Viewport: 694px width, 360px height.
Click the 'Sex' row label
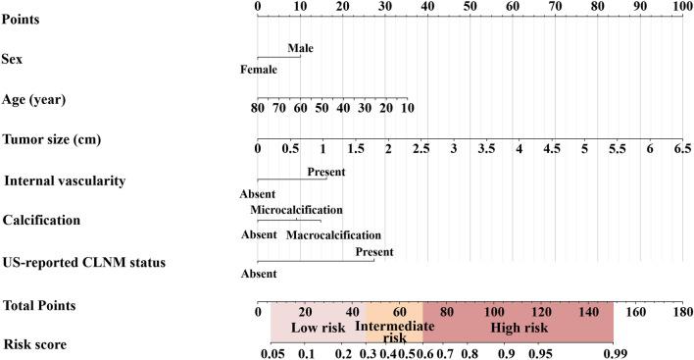(x=17, y=59)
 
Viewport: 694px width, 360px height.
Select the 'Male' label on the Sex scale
(x=301, y=46)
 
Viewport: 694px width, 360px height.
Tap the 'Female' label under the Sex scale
(x=259, y=70)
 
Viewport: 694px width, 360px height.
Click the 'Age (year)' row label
(x=35, y=100)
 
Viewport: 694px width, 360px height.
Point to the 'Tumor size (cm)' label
(x=51, y=140)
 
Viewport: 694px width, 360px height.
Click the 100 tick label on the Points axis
(x=682, y=7)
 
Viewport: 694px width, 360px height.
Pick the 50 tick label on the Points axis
(x=471, y=7)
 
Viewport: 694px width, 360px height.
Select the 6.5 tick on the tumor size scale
(x=681, y=150)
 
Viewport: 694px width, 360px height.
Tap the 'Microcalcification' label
(x=296, y=210)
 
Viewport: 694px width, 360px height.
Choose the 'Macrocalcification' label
(x=333, y=235)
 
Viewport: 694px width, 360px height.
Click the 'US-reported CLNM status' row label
(x=81, y=263)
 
